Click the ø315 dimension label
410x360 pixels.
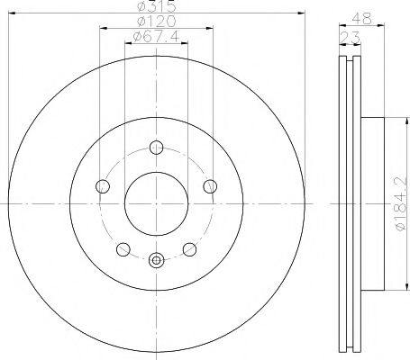pyautogui.click(x=156, y=6)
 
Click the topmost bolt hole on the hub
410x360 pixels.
pyautogui.click(x=156, y=148)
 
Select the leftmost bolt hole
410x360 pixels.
pyautogui.click(x=102, y=186)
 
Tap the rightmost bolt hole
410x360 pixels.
pyautogui.click(x=211, y=186)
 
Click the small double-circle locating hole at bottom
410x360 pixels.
pyautogui.click(x=156, y=261)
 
